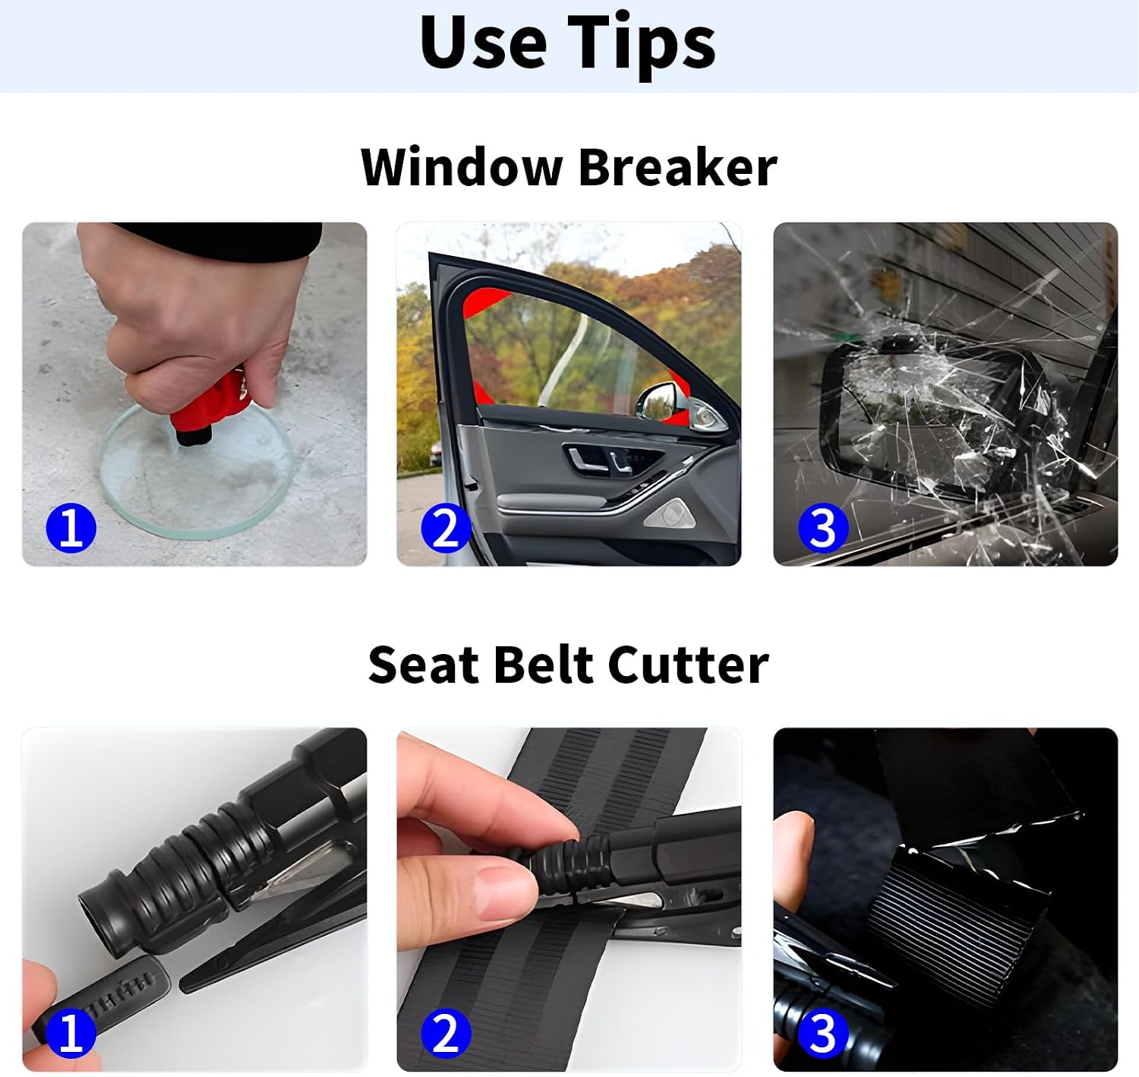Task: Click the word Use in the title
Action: pos(483,42)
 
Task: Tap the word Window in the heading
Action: pos(461,167)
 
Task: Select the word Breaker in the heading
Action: pos(677,167)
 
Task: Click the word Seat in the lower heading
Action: pos(424,665)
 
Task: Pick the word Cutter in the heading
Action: pos(688,665)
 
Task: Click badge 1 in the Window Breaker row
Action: pos(71,527)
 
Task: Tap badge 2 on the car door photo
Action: pos(446,527)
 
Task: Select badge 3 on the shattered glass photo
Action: pos(822,527)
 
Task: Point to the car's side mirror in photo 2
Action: pos(678,406)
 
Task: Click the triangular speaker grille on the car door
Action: pos(669,513)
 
